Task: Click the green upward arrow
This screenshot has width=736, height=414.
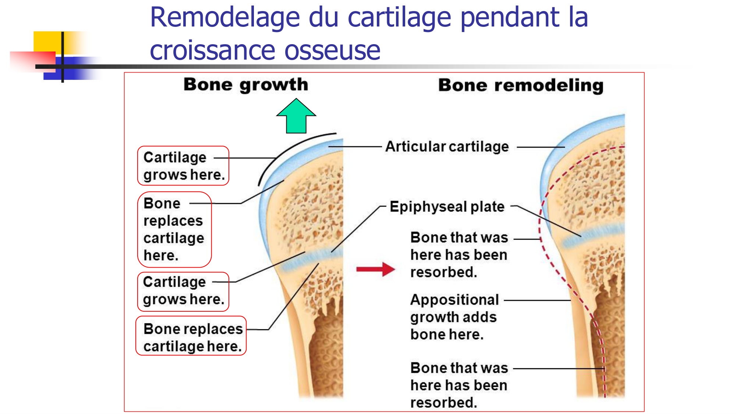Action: tap(296, 117)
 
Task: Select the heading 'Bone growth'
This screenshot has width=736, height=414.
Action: tap(246, 85)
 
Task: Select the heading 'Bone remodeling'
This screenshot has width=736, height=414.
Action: tap(521, 85)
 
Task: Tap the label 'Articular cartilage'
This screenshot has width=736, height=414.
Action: tap(447, 146)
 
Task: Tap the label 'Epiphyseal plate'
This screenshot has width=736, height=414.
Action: tap(447, 207)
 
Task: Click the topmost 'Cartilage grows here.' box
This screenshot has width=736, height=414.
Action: tap(183, 166)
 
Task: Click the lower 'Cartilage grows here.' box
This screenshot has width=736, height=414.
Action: tap(183, 291)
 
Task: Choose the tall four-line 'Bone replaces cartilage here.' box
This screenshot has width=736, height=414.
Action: tap(174, 229)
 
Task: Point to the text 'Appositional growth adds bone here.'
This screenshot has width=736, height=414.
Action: tap(454, 317)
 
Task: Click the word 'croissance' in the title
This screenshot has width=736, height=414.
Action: tap(212, 50)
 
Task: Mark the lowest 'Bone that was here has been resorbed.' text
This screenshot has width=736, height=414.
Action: tap(459, 385)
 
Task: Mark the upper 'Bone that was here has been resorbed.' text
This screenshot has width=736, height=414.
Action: tap(459, 255)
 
